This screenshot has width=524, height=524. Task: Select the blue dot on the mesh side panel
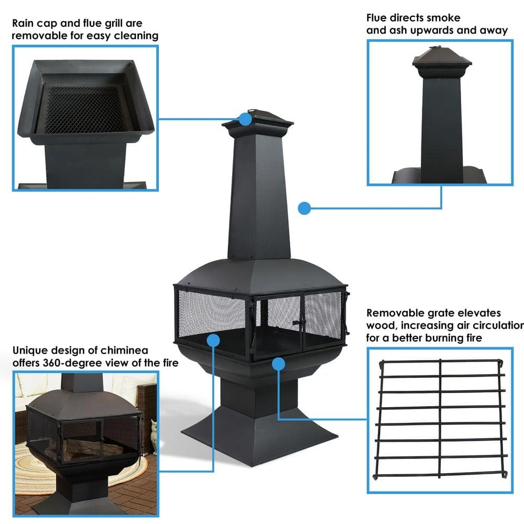[213, 340]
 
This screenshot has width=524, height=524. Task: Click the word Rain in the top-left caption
[24, 23]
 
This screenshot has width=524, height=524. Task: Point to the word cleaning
[135, 36]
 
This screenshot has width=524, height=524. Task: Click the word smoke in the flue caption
[445, 18]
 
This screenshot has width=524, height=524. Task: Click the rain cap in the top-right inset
[440, 60]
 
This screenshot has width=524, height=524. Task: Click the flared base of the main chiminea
[259, 435]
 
